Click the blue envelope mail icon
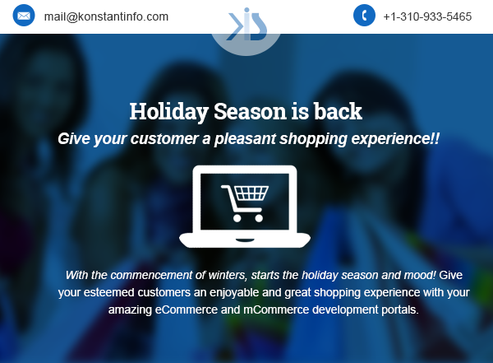coord(24,16)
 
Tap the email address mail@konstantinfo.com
coord(106,16)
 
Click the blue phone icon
coord(364,15)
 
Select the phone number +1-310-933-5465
coord(427,16)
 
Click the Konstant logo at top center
coord(246,25)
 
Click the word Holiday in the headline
coord(168,112)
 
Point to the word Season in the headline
coord(250,112)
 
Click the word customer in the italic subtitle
coord(164,138)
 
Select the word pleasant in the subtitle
coord(245,138)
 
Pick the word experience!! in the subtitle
coord(395,138)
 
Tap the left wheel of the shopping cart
coord(237,218)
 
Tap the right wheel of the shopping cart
coord(259,218)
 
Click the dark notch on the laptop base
coord(245,240)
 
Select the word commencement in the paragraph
coord(151,275)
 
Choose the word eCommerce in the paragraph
coord(187,309)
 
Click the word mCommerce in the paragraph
coord(276,309)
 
